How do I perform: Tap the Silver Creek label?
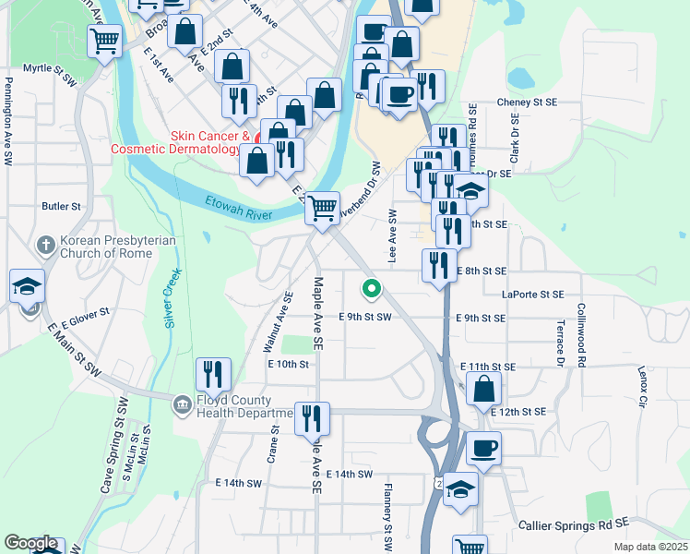click(x=171, y=297)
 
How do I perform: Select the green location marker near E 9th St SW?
click(x=372, y=290)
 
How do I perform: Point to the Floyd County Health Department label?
click(x=234, y=407)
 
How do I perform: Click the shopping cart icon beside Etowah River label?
click(x=323, y=208)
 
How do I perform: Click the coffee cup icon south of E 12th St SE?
click(x=483, y=450)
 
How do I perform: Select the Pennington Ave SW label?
click(x=7, y=121)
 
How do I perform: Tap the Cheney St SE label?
click(x=527, y=102)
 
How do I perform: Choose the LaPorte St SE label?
click(x=532, y=295)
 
